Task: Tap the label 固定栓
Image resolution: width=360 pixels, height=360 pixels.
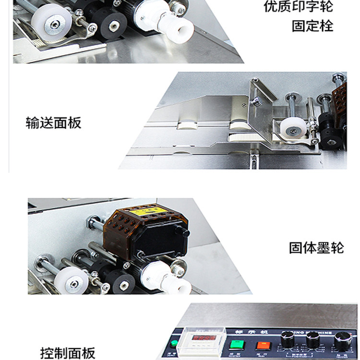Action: pyautogui.click(x=312, y=25)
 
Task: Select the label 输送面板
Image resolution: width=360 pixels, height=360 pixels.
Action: pyautogui.click(x=53, y=122)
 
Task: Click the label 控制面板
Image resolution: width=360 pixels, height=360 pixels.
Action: pyautogui.click(x=68, y=353)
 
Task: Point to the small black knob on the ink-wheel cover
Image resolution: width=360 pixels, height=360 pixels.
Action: pyautogui.click(x=181, y=232)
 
